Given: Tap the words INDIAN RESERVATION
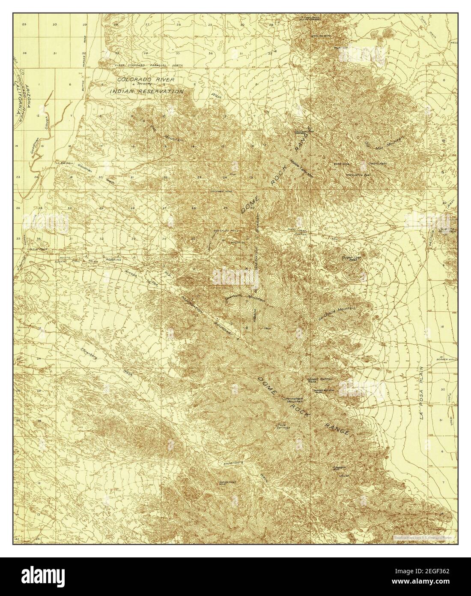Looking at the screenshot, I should coord(147,91).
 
